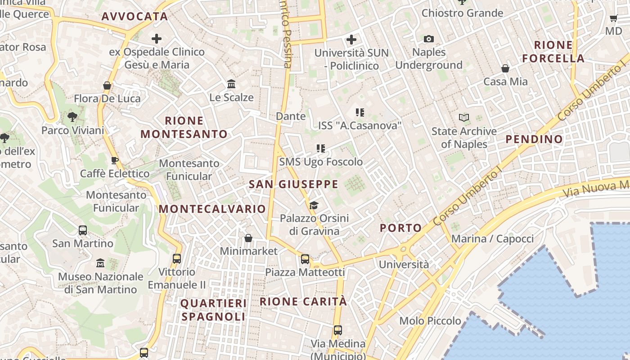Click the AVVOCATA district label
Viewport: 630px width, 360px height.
tap(135, 17)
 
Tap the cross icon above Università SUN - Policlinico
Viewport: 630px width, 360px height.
tap(351, 40)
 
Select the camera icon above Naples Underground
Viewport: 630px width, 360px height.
tap(429, 39)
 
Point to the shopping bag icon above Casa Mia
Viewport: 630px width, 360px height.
tap(505, 68)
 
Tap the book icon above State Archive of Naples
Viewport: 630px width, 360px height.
tap(464, 118)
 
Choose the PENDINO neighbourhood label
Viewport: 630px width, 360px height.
tap(534, 139)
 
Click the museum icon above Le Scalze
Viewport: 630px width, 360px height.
tap(231, 84)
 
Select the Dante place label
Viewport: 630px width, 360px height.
tap(291, 116)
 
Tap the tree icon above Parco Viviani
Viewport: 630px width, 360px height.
tap(72, 117)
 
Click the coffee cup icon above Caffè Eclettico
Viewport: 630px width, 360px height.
tap(115, 160)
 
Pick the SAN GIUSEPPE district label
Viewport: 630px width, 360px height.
tap(293, 184)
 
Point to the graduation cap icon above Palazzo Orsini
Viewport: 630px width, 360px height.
tap(314, 205)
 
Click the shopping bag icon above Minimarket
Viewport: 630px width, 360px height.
tap(248, 238)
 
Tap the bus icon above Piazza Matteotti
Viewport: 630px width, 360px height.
tap(305, 259)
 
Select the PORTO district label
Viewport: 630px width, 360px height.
tap(401, 228)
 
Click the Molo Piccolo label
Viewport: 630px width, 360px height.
tap(431, 321)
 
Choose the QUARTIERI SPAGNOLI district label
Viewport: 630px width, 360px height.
tap(214, 310)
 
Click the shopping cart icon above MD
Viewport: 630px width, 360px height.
tap(613, 18)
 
